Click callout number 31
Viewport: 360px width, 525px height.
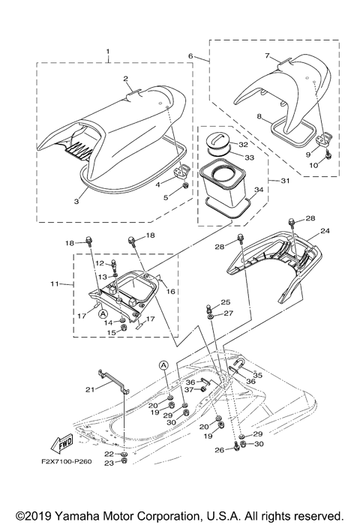click(262, 181)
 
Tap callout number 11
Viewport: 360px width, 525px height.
click(64, 285)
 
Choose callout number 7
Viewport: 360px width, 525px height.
click(266, 56)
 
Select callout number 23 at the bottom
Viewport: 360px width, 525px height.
click(109, 484)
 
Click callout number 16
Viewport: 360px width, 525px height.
click(171, 291)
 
